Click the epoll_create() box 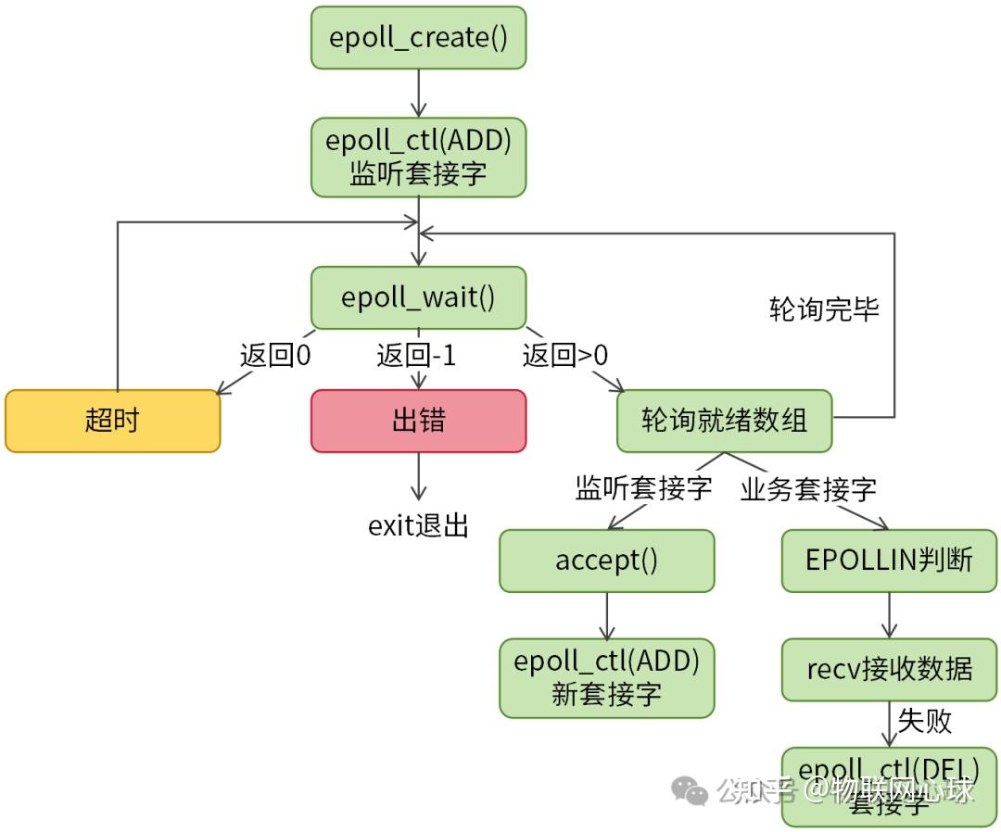418,38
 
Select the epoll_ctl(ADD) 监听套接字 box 418,158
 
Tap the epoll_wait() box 418,298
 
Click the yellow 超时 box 112,421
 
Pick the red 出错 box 418,421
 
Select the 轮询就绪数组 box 724,421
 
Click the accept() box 606,561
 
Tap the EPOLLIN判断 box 889,561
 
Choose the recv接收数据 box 889,669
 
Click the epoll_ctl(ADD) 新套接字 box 606,677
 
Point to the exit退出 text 418,526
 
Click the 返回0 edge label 275,356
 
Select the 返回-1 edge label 416,356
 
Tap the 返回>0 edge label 565,356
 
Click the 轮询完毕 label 824,309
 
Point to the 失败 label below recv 924,721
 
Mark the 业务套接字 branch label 808,489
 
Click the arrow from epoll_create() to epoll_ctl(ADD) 418,93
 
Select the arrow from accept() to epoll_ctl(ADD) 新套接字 606,615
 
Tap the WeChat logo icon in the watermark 690,790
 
